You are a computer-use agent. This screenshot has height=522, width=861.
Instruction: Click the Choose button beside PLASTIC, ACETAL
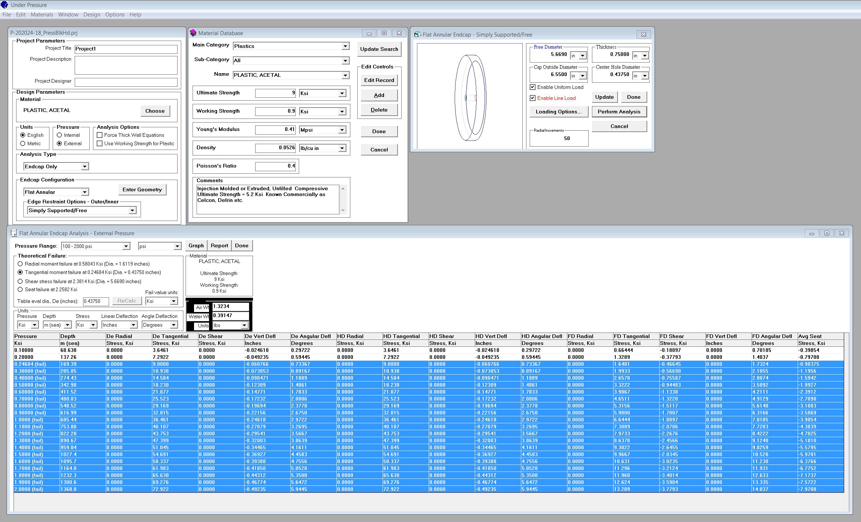[155, 111]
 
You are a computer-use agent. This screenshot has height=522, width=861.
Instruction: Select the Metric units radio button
[23, 143]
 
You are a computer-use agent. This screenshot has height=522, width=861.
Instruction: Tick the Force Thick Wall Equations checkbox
[100, 135]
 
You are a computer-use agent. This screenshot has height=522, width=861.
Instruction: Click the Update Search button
[379, 49]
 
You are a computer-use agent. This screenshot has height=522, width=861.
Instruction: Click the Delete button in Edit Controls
[379, 110]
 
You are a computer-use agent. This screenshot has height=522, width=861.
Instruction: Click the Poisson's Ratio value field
[275, 166]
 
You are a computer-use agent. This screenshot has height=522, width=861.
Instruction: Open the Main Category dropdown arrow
[345, 46]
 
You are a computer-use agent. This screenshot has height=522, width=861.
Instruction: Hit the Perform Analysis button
[619, 112]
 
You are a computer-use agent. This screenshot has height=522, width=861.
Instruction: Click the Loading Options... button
[559, 112]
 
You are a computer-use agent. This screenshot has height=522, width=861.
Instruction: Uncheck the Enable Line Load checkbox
[533, 98]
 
